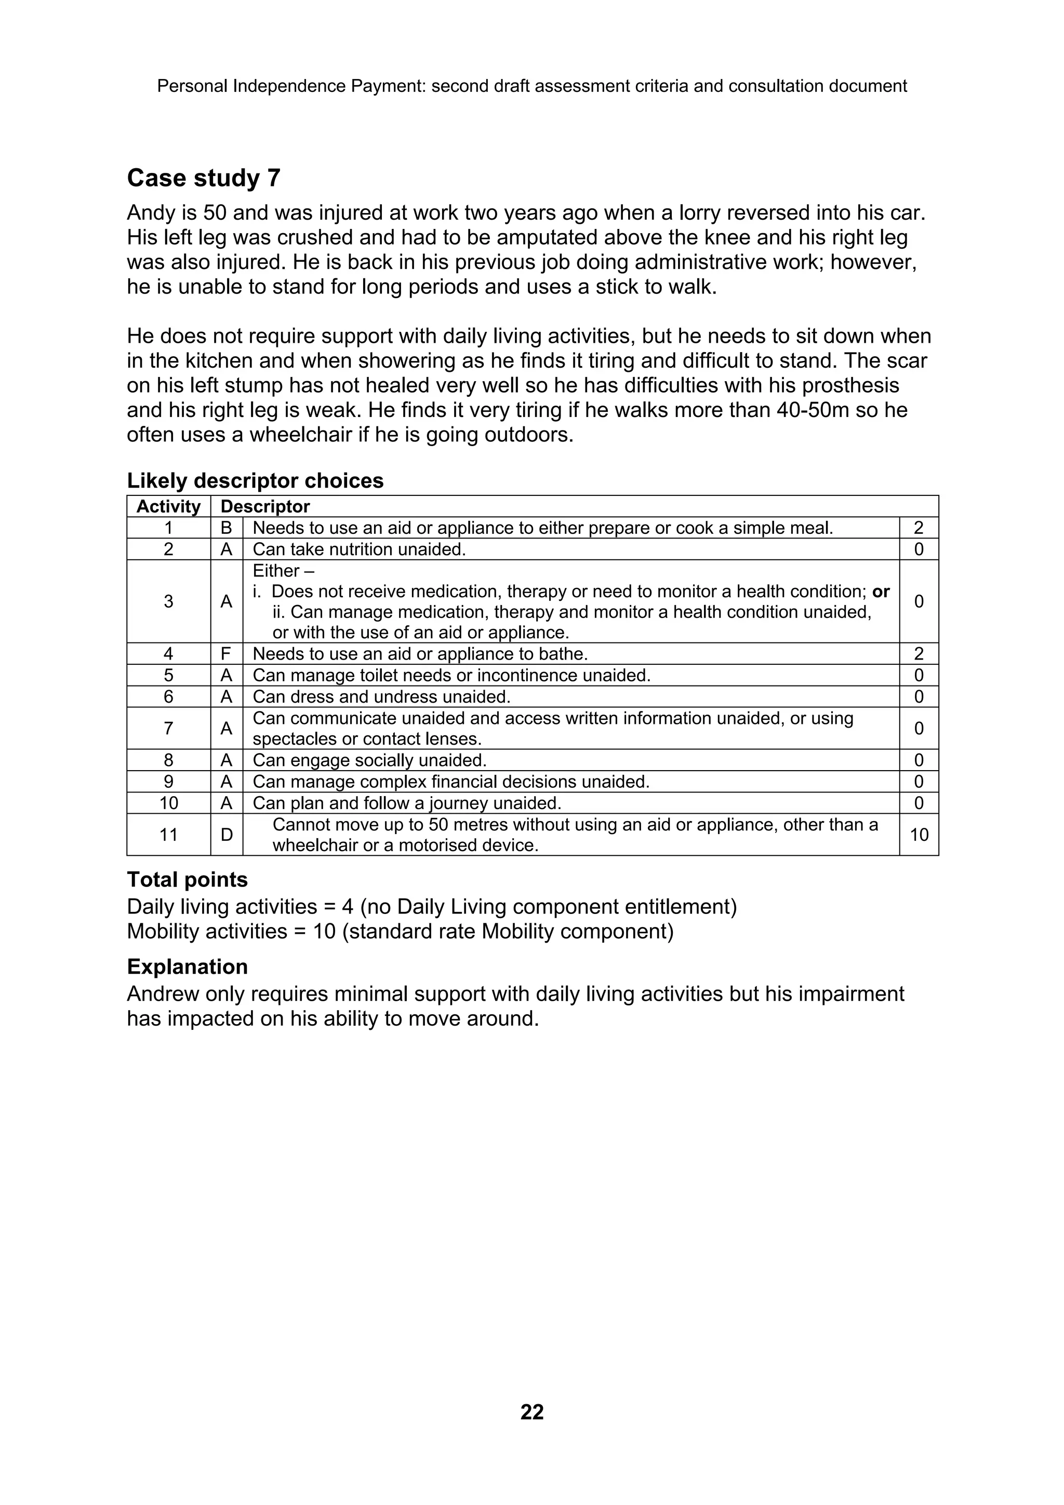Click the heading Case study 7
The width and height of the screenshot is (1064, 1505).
coord(203,178)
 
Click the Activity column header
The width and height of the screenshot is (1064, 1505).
coord(168,507)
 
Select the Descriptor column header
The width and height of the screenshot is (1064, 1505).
coord(265,507)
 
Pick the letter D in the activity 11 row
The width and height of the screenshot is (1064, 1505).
coord(226,835)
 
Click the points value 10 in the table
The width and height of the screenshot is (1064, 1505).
coord(919,835)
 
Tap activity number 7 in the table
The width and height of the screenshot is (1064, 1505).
coord(168,728)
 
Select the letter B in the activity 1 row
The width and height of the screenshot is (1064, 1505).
coord(226,528)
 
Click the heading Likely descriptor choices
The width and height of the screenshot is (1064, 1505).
coord(255,480)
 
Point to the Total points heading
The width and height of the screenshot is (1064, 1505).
coord(187,879)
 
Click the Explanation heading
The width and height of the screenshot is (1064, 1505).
coord(187,967)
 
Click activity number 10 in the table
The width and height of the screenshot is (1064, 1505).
coord(168,803)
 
